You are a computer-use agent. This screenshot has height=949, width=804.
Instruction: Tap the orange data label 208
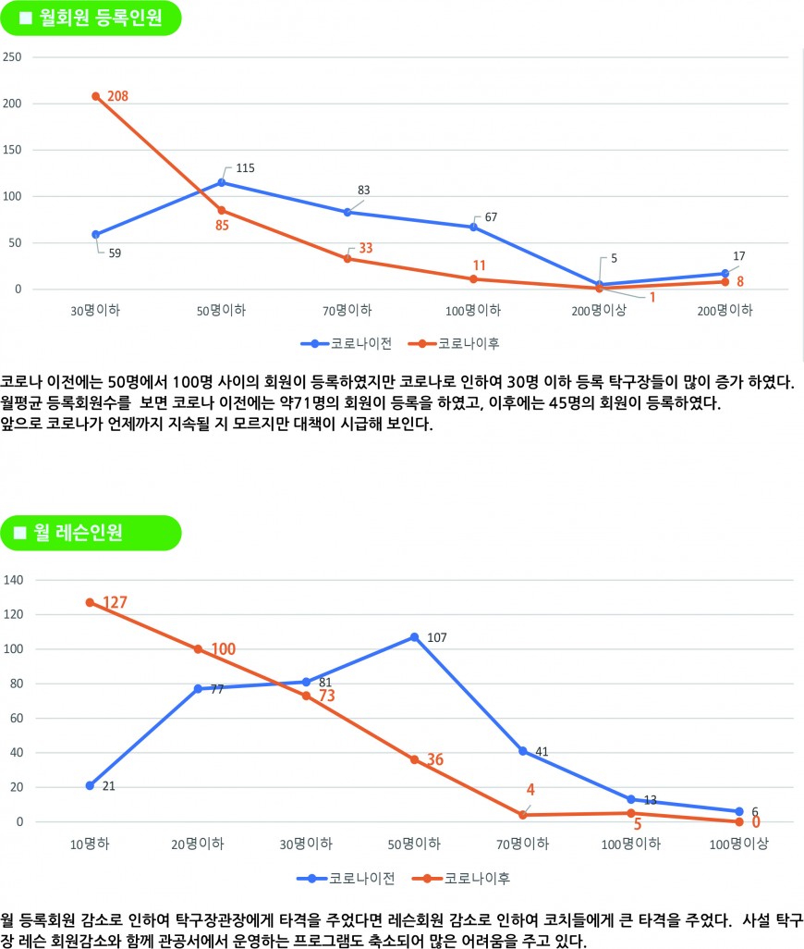click(117, 96)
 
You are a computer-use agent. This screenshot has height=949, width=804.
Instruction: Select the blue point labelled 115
click(222, 182)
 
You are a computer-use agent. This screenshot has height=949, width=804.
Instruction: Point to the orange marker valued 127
click(90, 602)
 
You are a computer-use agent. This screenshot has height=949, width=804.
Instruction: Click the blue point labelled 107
click(414, 636)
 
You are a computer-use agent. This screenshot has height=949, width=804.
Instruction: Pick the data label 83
click(363, 191)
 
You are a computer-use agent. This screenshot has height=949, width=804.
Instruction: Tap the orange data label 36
click(434, 759)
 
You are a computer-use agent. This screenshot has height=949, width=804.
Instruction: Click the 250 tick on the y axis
click(14, 57)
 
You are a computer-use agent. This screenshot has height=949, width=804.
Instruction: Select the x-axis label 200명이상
click(599, 310)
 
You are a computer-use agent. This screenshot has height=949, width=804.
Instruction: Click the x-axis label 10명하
click(91, 844)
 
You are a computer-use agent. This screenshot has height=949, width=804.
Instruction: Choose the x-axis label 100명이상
click(738, 844)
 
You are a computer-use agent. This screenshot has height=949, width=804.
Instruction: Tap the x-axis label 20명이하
click(198, 844)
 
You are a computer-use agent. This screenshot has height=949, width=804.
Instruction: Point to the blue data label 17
click(738, 256)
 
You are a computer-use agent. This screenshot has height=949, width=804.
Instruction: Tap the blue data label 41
click(542, 752)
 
